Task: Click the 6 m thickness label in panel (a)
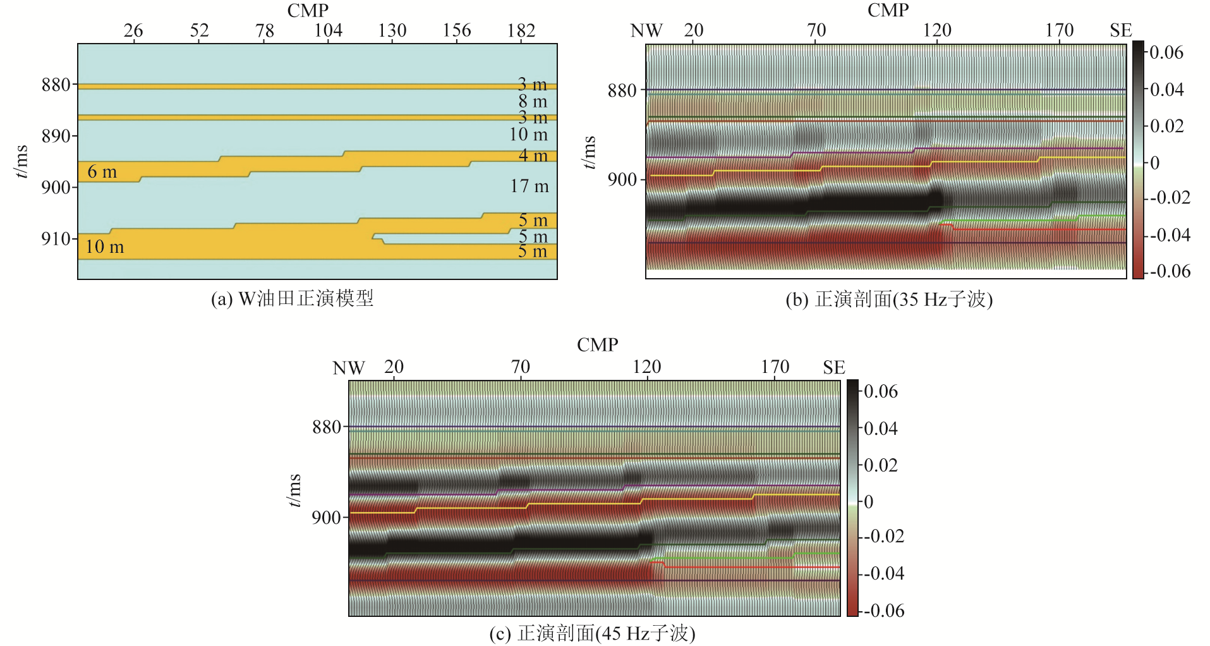point(102,172)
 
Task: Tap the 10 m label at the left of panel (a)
point(104,247)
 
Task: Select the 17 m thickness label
point(529,186)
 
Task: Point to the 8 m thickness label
point(533,101)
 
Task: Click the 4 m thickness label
point(533,155)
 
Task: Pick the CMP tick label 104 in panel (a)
point(328,30)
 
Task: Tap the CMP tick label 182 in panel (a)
point(521,30)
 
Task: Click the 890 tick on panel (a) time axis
point(56,136)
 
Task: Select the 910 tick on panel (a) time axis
point(56,239)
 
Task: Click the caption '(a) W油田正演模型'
point(292,298)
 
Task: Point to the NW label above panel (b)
point(646,30)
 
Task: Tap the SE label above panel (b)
point(1120,30)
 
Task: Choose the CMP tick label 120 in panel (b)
point(937,30)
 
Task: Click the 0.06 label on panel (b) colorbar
point(1166,52)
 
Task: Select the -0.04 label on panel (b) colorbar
point(1169,235)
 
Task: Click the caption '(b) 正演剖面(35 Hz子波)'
point(888,299)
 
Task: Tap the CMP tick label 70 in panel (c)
point(520,367)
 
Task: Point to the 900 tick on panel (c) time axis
point(326,518)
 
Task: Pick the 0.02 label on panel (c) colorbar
point(881,465)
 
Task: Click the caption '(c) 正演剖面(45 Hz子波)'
point(592,633)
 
